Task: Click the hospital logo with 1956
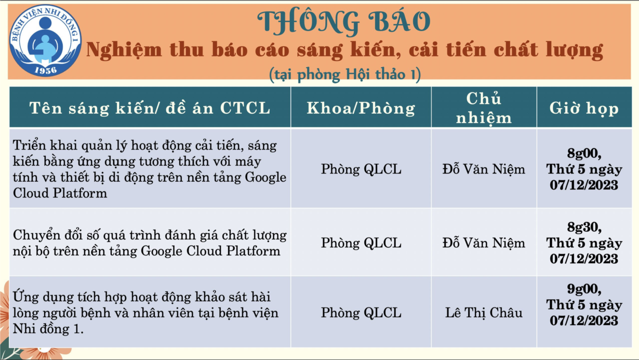[45, 40]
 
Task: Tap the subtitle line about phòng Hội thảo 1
[345, 75]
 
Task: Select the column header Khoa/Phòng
[361, 108]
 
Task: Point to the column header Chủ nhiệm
[484, 108]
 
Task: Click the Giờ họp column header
[584, 109]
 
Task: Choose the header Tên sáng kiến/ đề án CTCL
[150, 108]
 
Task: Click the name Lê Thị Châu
[484, 313]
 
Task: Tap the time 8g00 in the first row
[584, 153]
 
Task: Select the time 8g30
[584, 228]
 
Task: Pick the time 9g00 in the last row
[584, 289]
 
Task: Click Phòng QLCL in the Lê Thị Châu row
[361, 313]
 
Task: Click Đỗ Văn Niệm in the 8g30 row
[484, 243]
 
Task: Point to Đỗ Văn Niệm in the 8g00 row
[484, 169]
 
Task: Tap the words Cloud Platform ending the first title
[60, 193]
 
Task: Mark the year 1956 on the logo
[46, 70]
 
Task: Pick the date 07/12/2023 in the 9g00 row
[584, 321]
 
